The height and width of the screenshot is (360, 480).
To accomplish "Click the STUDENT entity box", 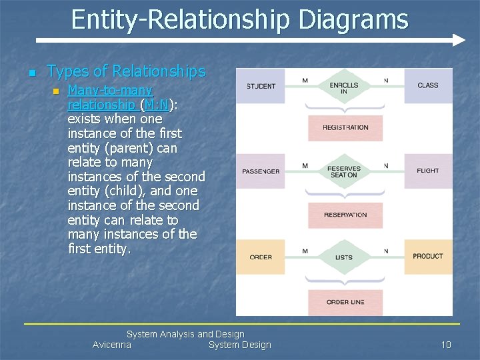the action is [261, 86].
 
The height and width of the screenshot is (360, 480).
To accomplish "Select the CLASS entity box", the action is [427, 85].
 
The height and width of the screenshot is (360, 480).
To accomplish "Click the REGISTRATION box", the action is [345, 127].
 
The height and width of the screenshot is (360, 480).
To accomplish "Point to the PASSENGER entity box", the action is [261, 171].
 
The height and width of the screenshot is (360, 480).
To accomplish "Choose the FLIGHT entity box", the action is [427, 171].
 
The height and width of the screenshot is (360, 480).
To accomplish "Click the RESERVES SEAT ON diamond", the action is [344, 172].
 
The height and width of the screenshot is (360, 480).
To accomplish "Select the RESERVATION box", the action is [345, 215].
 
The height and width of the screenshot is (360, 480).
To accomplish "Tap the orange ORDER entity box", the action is [261, 257].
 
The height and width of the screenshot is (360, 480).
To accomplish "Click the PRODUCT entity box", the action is [427, 256].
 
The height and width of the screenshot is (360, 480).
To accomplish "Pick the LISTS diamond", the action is [344, 257].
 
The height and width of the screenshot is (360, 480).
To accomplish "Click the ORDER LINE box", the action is [345, 302].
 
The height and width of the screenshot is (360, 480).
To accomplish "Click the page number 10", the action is [446, 345].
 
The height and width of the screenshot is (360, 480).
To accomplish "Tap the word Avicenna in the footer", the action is [112, 345].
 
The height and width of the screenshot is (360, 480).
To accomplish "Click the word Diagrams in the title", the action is [353, 19].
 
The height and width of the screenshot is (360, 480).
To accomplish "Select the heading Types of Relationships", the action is [126, 71].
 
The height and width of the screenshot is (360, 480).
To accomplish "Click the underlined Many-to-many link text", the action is [110, 90].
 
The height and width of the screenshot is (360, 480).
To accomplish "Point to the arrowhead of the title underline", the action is [459, 40].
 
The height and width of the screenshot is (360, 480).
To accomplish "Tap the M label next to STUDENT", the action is [305, 81].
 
